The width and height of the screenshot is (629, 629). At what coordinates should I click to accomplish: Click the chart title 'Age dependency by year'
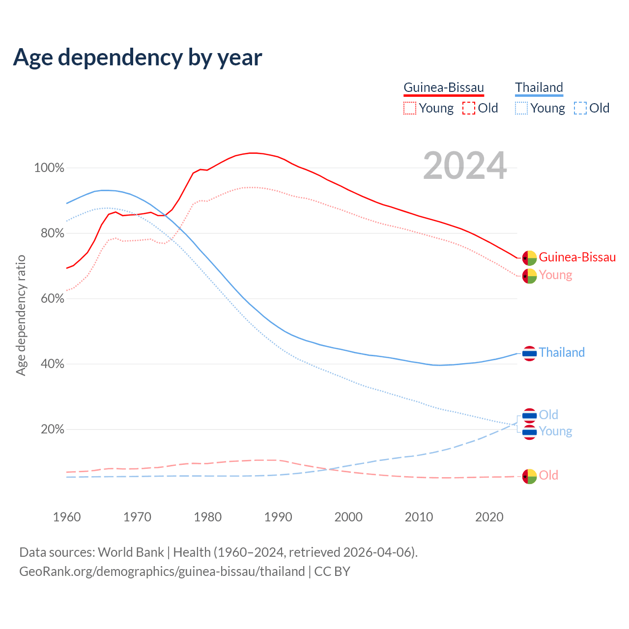[x=138, y=57]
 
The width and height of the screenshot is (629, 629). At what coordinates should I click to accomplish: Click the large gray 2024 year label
[x=465, y=166]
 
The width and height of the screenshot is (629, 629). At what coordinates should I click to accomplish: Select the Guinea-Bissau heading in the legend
[x=444, y=87]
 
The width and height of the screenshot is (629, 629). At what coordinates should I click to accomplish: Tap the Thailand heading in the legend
[x=539, y=87]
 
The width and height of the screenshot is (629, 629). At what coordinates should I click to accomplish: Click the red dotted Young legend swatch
[x=409, y=108]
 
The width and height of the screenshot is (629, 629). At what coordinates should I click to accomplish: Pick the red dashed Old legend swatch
[x=469, y=108]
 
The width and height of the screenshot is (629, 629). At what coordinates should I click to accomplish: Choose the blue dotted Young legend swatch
[x=521, y=108]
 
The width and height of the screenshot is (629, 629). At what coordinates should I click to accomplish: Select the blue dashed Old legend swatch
[x=580, y=108]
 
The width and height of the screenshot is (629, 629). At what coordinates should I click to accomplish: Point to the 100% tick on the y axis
[x=49, y=168]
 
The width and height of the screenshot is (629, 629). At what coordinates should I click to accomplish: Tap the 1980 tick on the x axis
[x=208, y=517]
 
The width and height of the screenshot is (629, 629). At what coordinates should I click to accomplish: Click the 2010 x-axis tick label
[x=419, y=517]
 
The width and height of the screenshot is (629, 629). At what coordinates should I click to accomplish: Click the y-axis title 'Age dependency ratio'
[x=21, y=315]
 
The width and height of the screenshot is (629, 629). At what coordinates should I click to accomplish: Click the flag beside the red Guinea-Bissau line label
[x=529, y=257]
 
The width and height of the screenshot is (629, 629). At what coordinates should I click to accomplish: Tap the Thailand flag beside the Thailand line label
[x=529, y=353]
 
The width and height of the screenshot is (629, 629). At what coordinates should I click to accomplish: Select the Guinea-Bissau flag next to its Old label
[x=529, y=476]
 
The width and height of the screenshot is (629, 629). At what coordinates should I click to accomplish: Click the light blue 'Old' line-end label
[x=548, y=415]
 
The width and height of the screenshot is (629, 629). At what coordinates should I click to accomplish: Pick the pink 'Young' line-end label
[x=555, y=275]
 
